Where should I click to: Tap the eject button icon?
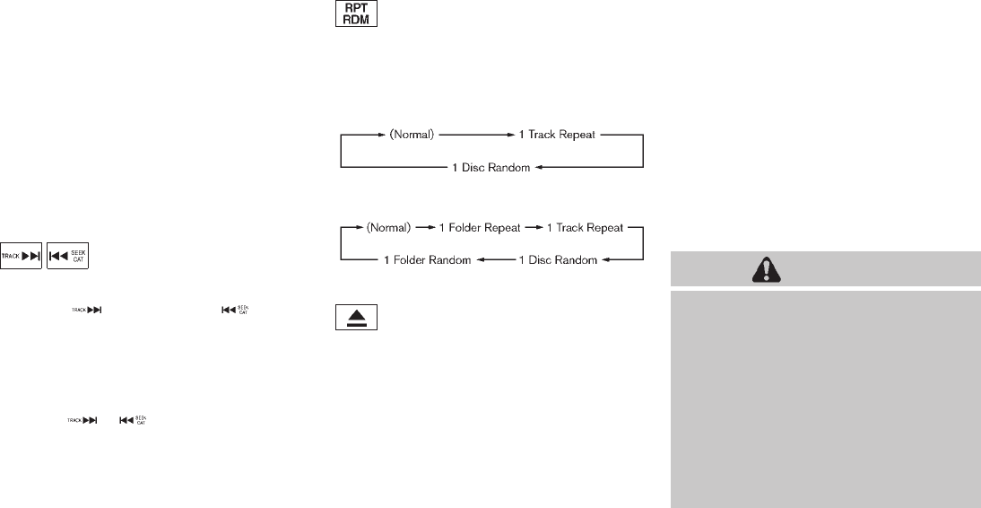pyautogui.click(x=356, y=319)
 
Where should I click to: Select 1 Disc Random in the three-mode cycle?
pyautogui.click(x=491, y=168)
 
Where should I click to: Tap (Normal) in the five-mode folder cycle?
pyautogui.click(x=386, y=227)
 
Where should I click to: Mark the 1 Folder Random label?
pyautogui.click(x=425, y=260)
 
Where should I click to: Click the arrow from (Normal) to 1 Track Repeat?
pyautogui.click(x=475, y=135)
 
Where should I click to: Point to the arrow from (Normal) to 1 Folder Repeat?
pyautogui.click(x=423, y=227)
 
